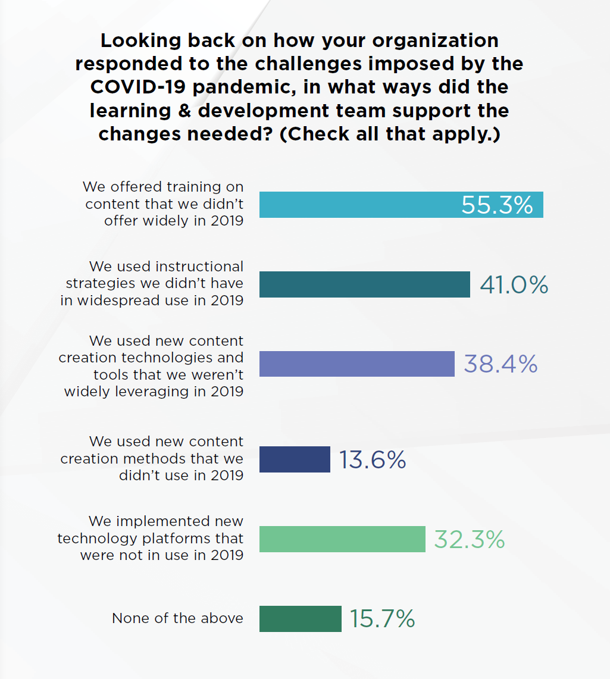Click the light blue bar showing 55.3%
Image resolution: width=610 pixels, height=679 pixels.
tap(357, 205)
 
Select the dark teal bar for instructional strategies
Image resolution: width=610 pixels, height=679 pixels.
tap(364, 284)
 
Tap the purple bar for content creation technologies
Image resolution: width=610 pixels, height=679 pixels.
tap(356, 364)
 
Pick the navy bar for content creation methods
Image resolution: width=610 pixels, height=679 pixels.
tap(295, 459)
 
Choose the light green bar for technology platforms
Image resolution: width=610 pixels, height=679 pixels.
tap(342, 539)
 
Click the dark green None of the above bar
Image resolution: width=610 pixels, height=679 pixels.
tap(300, 619)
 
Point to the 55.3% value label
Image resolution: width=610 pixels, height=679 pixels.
tap(497, 205)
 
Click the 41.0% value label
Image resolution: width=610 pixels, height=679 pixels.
tap(514, 285)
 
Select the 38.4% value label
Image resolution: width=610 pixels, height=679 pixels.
tap(500, 364)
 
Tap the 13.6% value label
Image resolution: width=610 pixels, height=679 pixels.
tap(373, 460)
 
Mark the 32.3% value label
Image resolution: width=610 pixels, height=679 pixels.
tap(469, 540)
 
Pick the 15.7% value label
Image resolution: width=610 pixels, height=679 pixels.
tap(382, 619)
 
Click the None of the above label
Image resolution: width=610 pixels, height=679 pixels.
tap(177, 618)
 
